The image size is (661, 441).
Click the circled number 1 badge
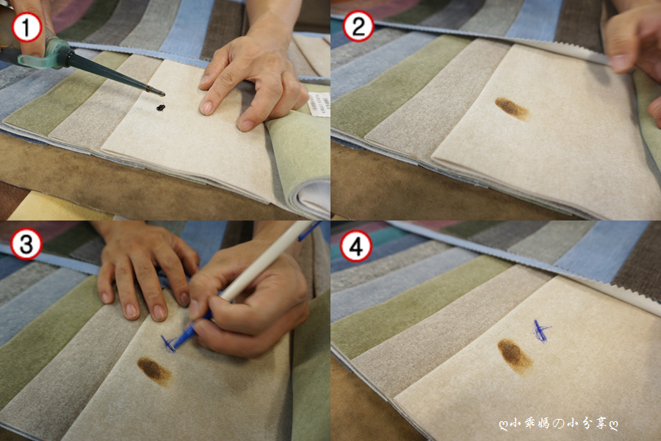pos(26,27)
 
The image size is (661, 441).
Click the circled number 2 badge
pos(358,26)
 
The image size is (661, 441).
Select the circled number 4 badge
pos(356,246)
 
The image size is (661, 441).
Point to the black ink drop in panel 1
pos(161,107)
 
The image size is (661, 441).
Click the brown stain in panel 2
pos(512,109)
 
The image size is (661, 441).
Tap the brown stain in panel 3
pos(155,371)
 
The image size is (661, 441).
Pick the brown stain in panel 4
pos(515,356)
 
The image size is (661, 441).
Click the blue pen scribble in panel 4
pos(541,331)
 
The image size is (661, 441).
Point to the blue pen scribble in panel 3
pos(169,343)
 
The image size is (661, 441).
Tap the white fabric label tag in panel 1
pos(317,103)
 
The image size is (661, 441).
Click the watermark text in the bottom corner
pos(558,423)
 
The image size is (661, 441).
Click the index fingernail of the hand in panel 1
pos(206,107)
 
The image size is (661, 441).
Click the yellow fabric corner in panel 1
pos(46,207)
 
